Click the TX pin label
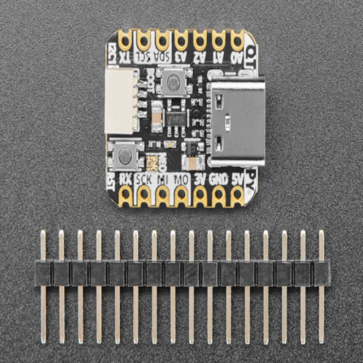point(125,57)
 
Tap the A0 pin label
point(237,57)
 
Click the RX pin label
point(126,178)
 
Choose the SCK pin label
point(144,178)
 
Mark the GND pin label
point(218,178)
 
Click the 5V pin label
point(237,178)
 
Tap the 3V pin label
point(200,178)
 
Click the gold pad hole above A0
point(237,41)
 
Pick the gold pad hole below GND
point(218,195)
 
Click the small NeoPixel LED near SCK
point(152,162)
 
